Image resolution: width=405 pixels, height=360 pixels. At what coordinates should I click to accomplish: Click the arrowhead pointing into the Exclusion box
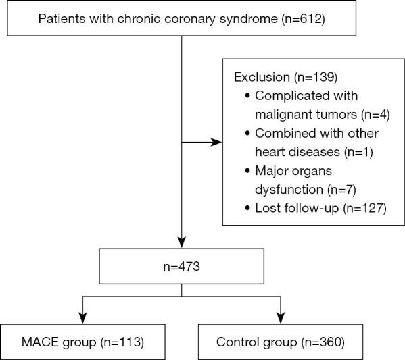tap(218, 143)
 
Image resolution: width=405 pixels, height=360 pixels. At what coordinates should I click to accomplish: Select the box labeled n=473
tap(181, 267)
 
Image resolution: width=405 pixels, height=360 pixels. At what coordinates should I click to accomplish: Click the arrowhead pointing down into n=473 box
tap(181, 244)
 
